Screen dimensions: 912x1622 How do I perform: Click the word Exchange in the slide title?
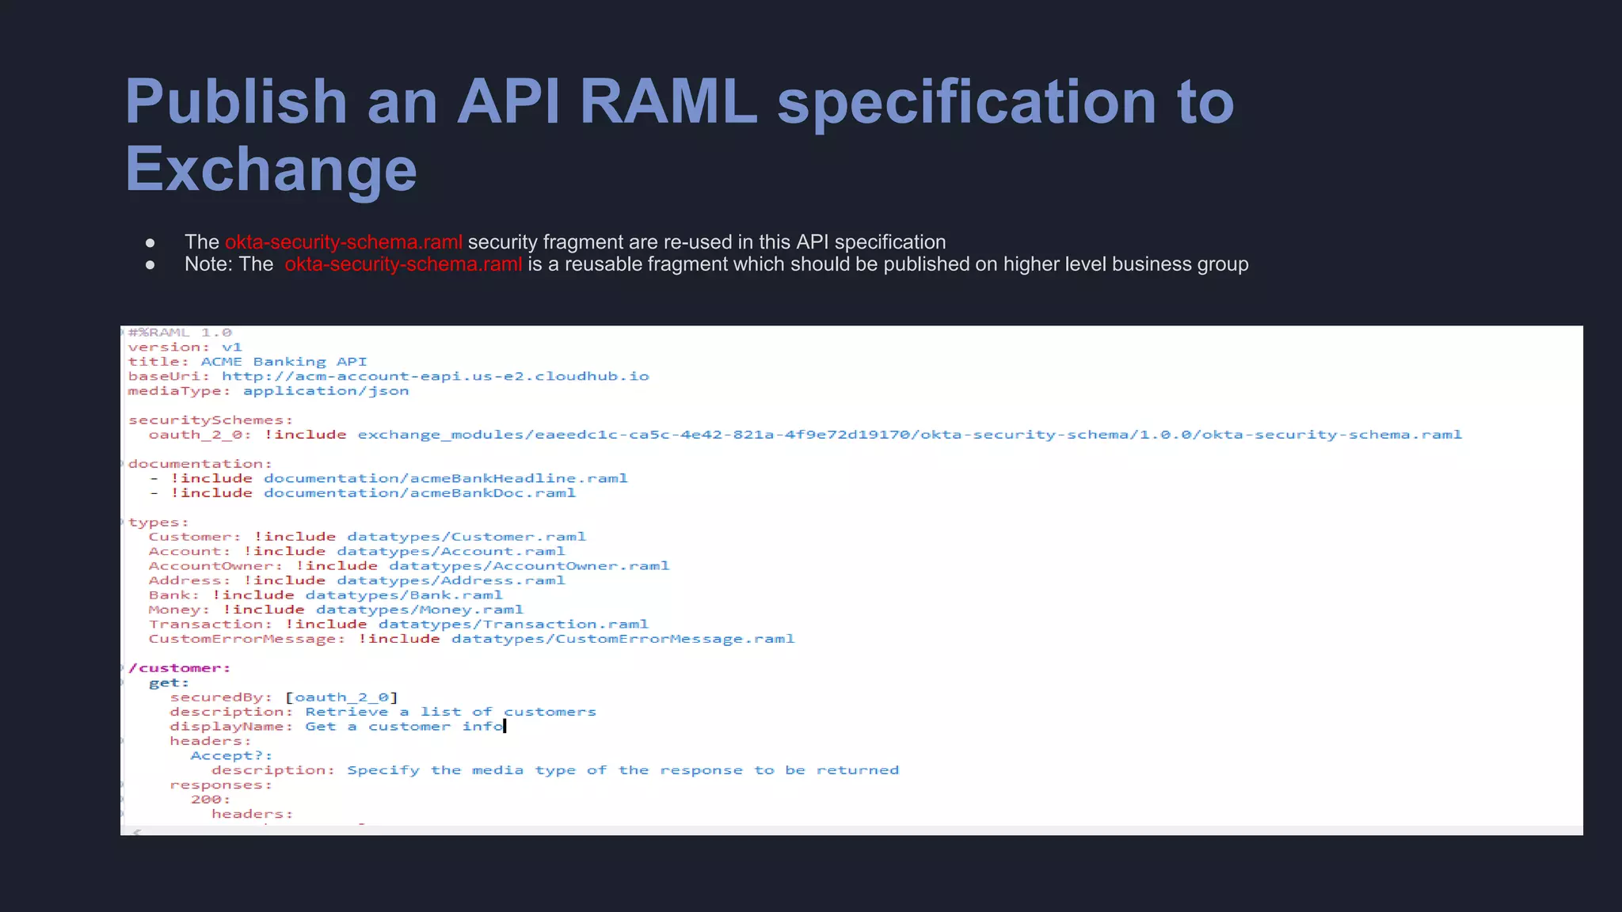tap(271, 169)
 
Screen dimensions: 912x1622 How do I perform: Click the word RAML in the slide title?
tap(668, 101)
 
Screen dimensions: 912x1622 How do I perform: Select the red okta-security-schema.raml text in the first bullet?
tap(343, 242)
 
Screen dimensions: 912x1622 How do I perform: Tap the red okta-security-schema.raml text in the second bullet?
tap(403, 264)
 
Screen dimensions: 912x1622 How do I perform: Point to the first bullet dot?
tap(150, 242)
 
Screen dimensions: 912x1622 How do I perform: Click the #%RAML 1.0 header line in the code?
tap(180, 332)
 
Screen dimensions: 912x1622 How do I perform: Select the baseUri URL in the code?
tap(435, 376)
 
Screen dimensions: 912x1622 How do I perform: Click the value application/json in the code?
tap(326, 391)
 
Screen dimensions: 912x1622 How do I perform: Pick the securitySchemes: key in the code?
tap(211, 420)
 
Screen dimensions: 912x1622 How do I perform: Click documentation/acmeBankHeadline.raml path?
tap(445, 478)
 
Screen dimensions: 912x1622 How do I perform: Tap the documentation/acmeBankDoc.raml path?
tap(420, 493)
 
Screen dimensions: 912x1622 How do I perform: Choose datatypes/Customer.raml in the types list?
tap(466, 537)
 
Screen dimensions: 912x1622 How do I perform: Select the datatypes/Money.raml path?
tap(420, 610)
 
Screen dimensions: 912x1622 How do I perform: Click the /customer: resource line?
tap(180, 668)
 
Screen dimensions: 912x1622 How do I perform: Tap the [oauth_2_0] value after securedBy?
tap(341, 697)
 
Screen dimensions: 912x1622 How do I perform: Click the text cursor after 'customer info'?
tap(505, 726)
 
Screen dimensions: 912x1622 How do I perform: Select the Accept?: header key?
tap(231, 756)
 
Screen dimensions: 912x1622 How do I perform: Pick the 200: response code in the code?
tap(211, 800)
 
